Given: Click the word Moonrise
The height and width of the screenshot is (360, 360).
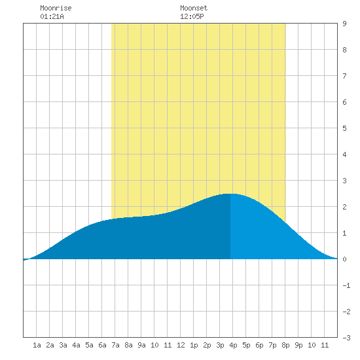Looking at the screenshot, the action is tap(56, 8).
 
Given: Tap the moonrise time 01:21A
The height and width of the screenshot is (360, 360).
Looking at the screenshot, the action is tap(52, 16).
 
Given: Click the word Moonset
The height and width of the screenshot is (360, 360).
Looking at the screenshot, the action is tap(194, 8).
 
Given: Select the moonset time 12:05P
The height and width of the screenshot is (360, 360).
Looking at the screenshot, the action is tap(192, 16).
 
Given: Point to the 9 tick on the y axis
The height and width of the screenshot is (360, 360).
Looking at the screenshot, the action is tap(344, 24).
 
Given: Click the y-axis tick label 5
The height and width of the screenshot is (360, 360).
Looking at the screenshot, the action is tap(344, 128).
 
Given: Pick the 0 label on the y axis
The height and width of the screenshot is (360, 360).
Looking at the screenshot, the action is tap(344, 259).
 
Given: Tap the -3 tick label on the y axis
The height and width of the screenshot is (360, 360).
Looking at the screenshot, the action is tap(346, 338).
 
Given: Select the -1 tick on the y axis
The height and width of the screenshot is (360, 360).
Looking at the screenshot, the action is tap(346, 285).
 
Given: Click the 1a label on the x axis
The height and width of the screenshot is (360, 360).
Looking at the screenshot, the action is tap(37, 345).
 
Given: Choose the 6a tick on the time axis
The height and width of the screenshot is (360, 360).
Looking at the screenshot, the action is tap(102, 345).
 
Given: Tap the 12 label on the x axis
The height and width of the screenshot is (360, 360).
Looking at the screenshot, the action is tap(181, 345).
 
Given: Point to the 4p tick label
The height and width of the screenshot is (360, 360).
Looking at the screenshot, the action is tap(233, 345).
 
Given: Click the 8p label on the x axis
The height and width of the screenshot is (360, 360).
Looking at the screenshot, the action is tap(285, 345).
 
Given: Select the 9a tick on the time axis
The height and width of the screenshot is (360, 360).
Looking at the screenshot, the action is tap(141, 345).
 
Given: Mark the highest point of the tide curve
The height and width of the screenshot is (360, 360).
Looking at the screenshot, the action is tap(230, 194).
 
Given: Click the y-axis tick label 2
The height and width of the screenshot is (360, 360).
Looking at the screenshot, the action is tap(344, 207).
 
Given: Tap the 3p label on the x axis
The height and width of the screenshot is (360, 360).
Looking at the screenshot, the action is tap(220, 345).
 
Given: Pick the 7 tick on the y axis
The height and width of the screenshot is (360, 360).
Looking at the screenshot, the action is tap(344, 76).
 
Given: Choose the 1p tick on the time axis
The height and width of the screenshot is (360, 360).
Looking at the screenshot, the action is tap(194, 345).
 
